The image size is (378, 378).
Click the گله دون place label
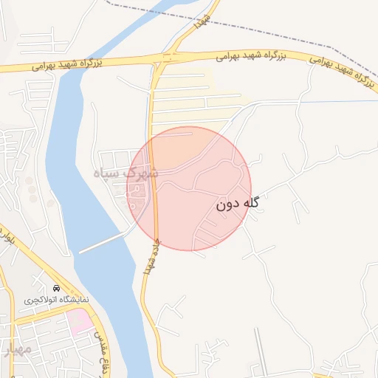(x=238, y=205)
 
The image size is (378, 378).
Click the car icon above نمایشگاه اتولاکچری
(x=57, y=288)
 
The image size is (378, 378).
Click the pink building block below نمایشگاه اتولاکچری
(x=80, y=320)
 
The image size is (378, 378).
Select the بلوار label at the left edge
(x=7, y=238)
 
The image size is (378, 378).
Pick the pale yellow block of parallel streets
(x=192, y=96)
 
